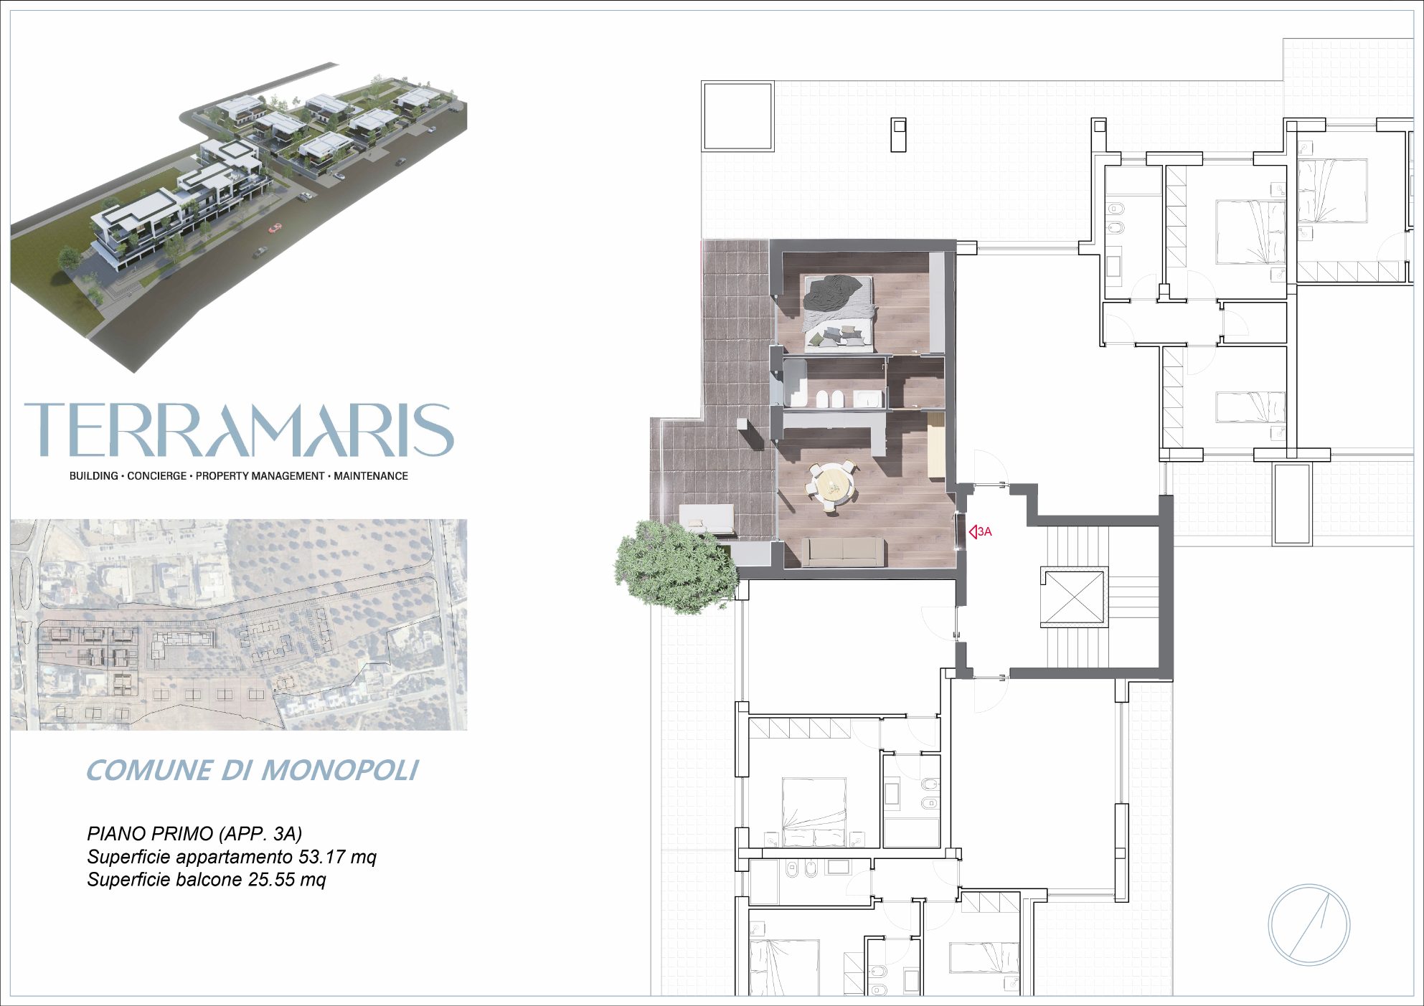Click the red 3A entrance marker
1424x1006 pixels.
point(980,532)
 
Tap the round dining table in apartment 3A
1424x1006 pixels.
point(833,485)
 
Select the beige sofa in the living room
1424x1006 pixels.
point(843,551)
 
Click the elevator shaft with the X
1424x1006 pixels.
point(1075,597)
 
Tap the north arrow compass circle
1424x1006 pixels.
point(1309,925)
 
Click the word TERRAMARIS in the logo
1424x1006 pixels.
point(239,430)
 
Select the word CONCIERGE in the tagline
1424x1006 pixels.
point(156,476)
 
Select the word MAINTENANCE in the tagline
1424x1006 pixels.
point(371,476)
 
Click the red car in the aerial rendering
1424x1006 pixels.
point(275,229)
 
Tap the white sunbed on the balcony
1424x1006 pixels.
point(707,518)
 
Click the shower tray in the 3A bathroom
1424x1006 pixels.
point(795,383)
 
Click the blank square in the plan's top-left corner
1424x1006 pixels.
point(737,116)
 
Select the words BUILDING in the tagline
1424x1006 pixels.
point(93,476)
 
